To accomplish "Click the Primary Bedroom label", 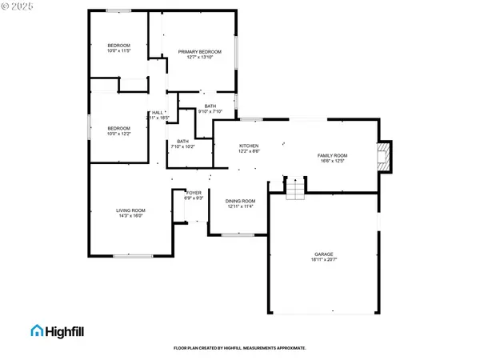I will pyautogui.click(x=199, y=51).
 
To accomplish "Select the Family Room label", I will pyautogui.click(x=332, y=155).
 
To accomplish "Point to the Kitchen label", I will pyautogui.click(x=250, y=146).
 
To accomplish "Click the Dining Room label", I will pyautogui.click(x=240, y=201).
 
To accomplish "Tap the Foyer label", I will pyautogui.click(x=194, y=193).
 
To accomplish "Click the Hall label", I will pyautogui.click(x=158, y=113).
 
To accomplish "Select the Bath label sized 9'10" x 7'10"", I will pyautogui.click(x=210, y=106).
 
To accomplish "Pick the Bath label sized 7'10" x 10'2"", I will pyautogui.click(x=183, y=142).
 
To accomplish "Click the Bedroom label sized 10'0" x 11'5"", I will pyautogui.click(x=118, y=46).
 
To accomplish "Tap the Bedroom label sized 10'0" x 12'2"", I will pyautogui.click(x=118, y=128).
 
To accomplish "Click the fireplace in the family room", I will pyautogui.click(x=386, y=157).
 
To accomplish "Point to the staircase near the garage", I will pyautogui.click(x=296, y=189).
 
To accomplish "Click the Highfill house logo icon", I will pyautogui.click(x=38, y=330).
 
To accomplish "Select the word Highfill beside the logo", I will pyautogui.click(x=70, y=330).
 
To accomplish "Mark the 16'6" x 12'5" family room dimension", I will pyautogui.click(x=332, y=160).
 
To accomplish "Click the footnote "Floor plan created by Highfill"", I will pyautogui.click(x=239, y=348).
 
